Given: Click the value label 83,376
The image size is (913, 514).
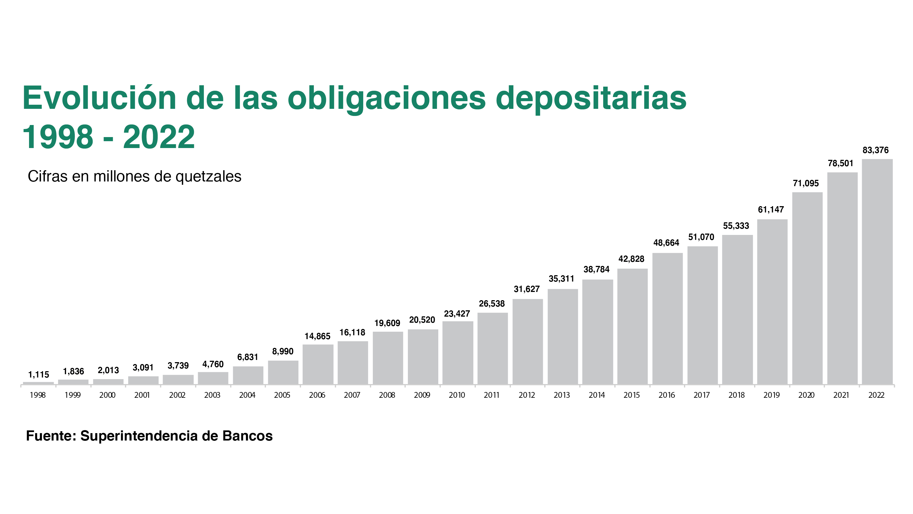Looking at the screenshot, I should click(875, 150).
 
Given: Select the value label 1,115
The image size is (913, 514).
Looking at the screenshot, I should click(39, 374).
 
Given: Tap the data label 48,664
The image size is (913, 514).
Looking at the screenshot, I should click(666, 243).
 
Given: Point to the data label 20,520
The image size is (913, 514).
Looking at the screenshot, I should click(422, 320).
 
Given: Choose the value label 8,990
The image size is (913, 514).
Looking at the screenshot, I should click(282, 351).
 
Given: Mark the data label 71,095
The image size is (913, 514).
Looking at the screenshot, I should click(806, 183).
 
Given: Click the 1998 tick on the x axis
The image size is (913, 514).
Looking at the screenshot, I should click(38, 395).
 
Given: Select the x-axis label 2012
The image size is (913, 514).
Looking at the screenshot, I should click(527, 395).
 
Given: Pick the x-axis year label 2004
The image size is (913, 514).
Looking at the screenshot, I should click(247, 395).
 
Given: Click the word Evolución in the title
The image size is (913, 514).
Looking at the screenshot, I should click(99, 98).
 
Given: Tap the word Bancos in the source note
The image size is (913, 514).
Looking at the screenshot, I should click(247, 436).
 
